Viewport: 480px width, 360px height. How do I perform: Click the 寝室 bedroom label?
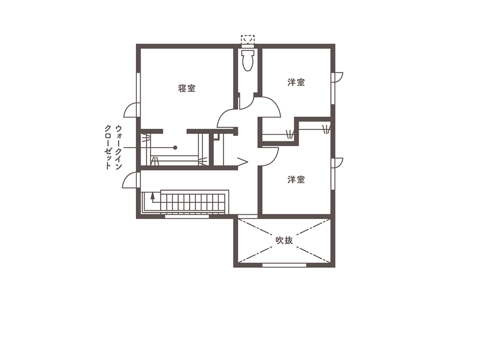pos(187,88)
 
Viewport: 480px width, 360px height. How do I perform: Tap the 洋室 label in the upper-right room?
pos(296,82)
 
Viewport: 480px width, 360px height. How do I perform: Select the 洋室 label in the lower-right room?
pos(296,180)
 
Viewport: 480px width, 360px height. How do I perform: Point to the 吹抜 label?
pos(284,240)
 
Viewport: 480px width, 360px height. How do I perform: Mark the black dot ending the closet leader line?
pos(175,147)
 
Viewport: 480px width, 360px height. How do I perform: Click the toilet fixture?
pos(247,60)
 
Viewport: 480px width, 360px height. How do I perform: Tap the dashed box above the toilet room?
pos(247,39)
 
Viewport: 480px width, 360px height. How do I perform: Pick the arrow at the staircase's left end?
pos(152,196)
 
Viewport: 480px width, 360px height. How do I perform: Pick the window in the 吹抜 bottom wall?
pos(284,265)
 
